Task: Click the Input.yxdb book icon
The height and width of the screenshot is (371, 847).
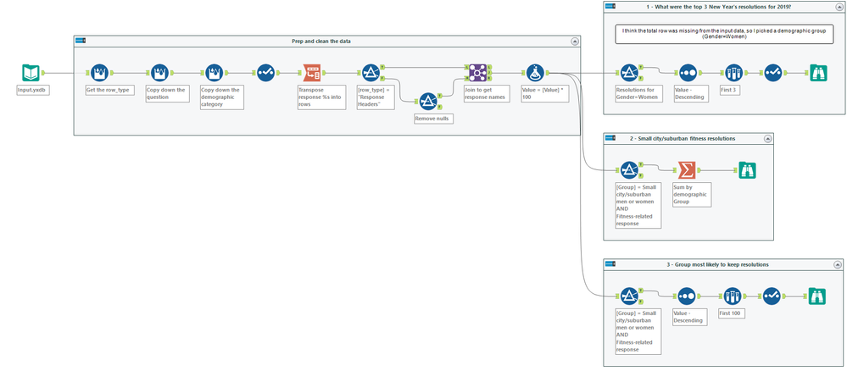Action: point(31,74)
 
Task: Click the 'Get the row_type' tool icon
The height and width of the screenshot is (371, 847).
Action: point(98,74)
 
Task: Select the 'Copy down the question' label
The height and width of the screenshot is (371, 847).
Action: point(166,93)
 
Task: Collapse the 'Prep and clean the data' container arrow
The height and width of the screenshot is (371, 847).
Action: point(574,41)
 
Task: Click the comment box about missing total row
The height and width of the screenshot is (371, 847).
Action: point(724,34)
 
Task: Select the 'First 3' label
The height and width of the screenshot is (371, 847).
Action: point(729,89)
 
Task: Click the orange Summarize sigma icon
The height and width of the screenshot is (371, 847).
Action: point(685,170)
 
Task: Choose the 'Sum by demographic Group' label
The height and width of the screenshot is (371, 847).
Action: point(690,193)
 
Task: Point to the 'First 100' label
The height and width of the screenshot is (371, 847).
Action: point(731,313)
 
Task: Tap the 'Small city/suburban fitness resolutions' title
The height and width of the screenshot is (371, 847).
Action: point(683,138)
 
